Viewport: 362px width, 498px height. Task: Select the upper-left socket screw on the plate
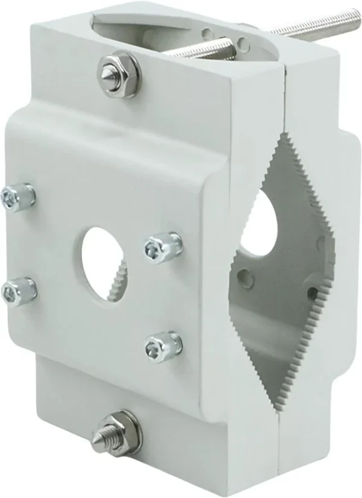(19, 196)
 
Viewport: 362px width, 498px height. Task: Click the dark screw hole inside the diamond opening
(313, 294)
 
